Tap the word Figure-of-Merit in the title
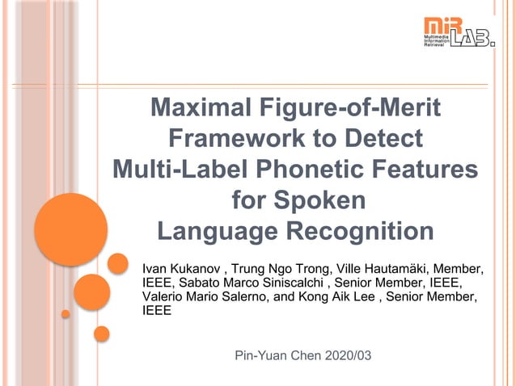tap(359, 107)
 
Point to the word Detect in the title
tap(380, 138)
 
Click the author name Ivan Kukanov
tap(181, 268)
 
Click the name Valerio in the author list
tap(163, 297)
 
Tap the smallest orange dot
tap(66, 313)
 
